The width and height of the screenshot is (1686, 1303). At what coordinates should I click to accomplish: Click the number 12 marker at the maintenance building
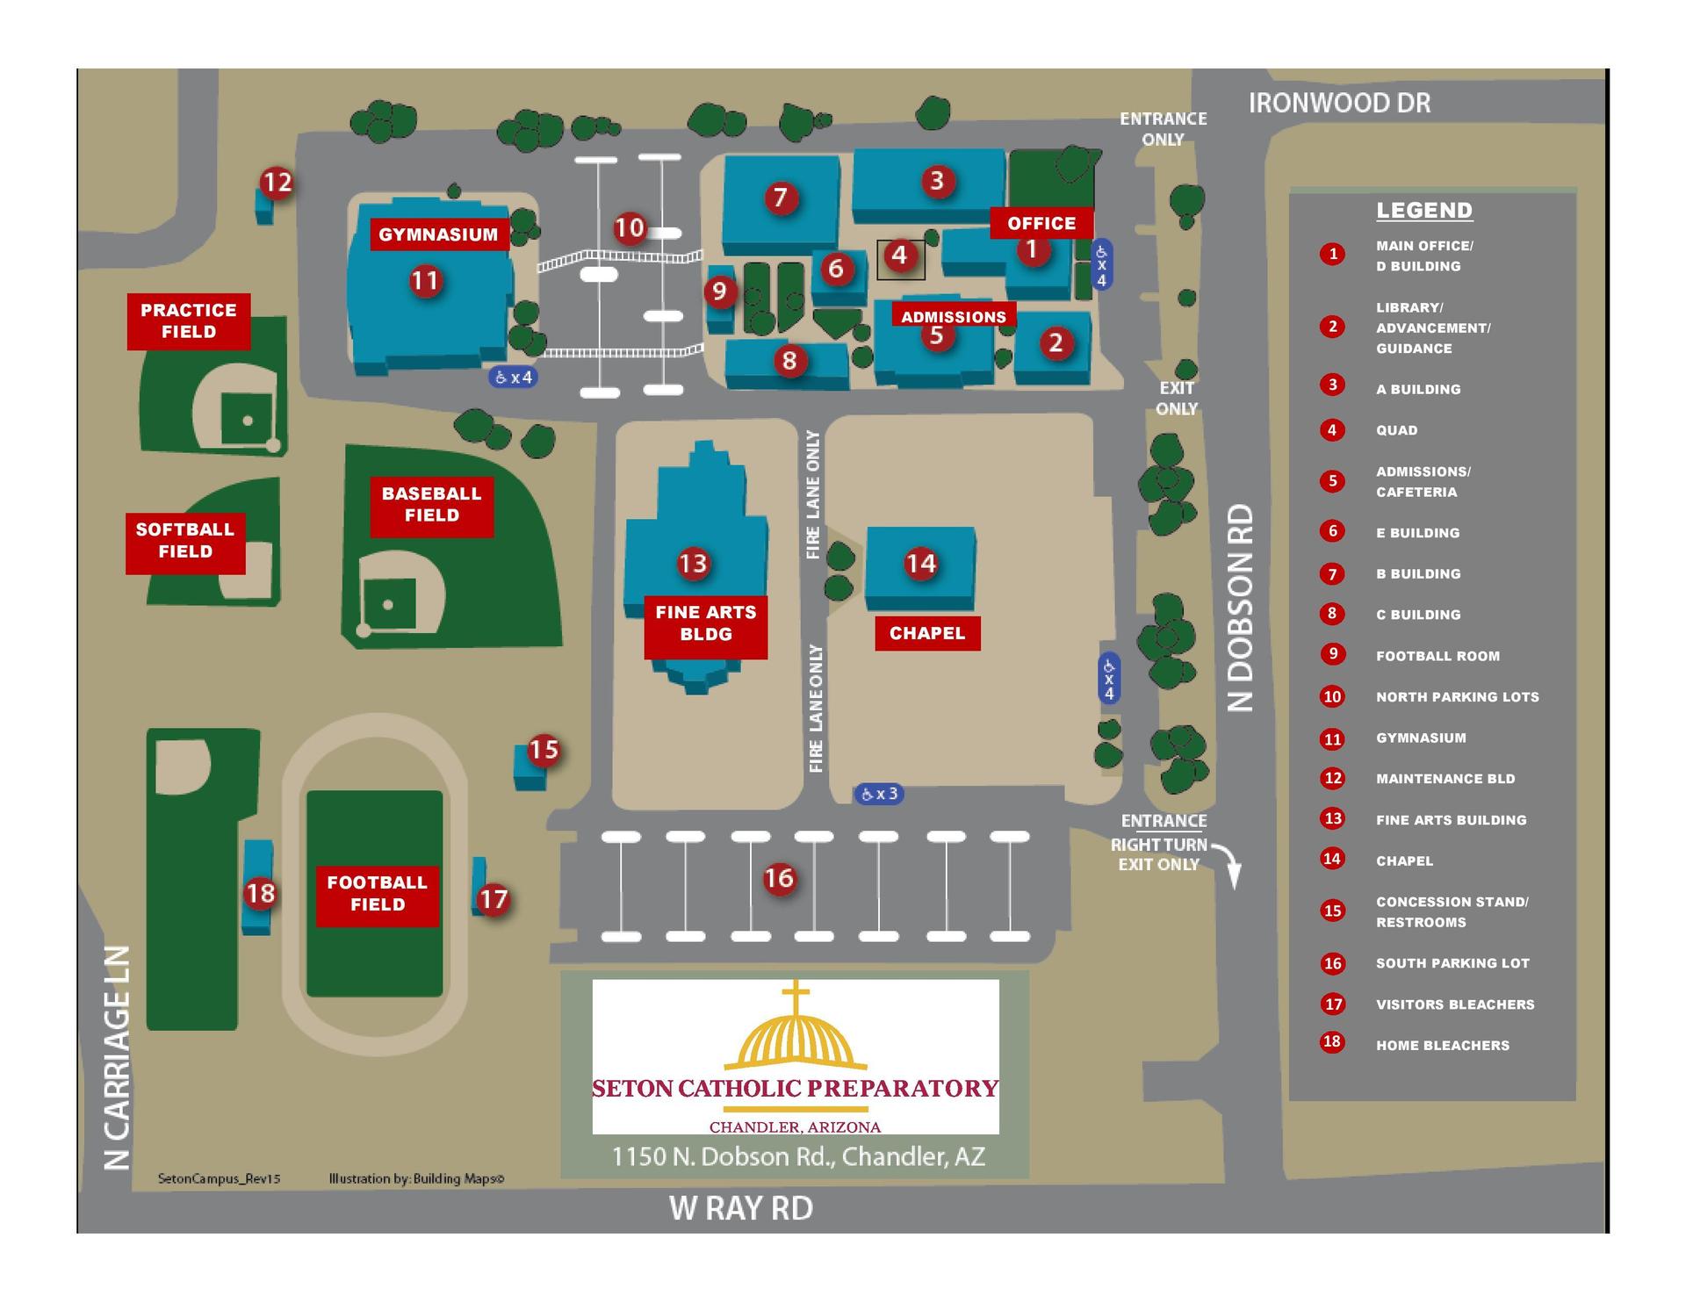(277, 183)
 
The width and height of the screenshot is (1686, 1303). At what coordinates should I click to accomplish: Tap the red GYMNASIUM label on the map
(438, 234)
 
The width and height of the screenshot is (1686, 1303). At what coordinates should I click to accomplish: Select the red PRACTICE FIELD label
(189, 321)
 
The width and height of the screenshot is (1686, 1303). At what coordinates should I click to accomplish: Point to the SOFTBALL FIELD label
(185, 541)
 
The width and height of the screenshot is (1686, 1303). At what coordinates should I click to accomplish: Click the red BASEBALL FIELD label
(431, 505)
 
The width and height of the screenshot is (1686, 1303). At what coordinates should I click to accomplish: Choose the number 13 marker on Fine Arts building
(693, 563)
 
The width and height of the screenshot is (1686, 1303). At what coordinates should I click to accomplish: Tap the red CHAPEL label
(927, 633)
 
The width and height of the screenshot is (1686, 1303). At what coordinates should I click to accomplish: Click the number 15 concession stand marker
(544, 750)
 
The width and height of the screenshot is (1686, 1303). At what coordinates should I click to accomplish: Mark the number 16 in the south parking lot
(779, 878)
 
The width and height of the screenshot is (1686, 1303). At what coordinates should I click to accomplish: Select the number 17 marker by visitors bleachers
(494, 899)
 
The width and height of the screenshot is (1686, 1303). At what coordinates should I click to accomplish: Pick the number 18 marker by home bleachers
(261, 894)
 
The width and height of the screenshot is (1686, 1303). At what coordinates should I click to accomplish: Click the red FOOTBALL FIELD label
(378, 894)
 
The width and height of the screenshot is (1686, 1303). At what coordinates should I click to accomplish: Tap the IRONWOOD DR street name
(1339, 104)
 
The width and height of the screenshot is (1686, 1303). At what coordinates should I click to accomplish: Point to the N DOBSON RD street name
(1240, 608)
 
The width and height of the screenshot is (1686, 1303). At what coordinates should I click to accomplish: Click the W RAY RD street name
(741, 1208)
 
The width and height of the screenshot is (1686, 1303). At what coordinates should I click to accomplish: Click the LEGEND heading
(1423, 211)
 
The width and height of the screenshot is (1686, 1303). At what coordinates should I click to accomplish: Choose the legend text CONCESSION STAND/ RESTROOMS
(1452, 912)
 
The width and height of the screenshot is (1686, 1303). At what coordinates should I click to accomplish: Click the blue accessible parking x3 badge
(879, 795)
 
